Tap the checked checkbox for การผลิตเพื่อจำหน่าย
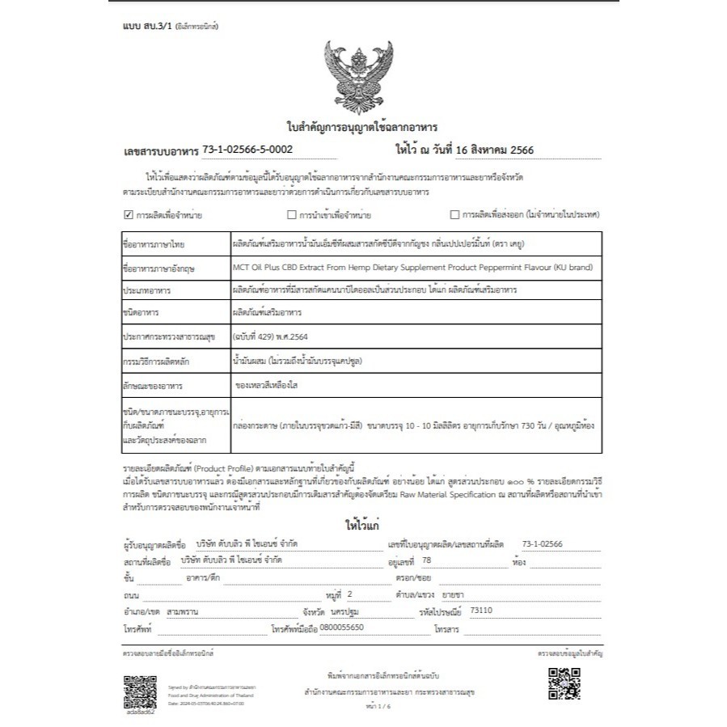[x=128, y=215]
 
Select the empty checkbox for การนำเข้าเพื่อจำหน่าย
[x=292, y=215]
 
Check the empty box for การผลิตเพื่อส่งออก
[x=454, y=215]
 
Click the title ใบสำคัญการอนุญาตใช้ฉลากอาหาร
[x=362, y=127]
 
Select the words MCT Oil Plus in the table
[x=257, y=266]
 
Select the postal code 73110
[x=480, y=611]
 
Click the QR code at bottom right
[x=564, y=683]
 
